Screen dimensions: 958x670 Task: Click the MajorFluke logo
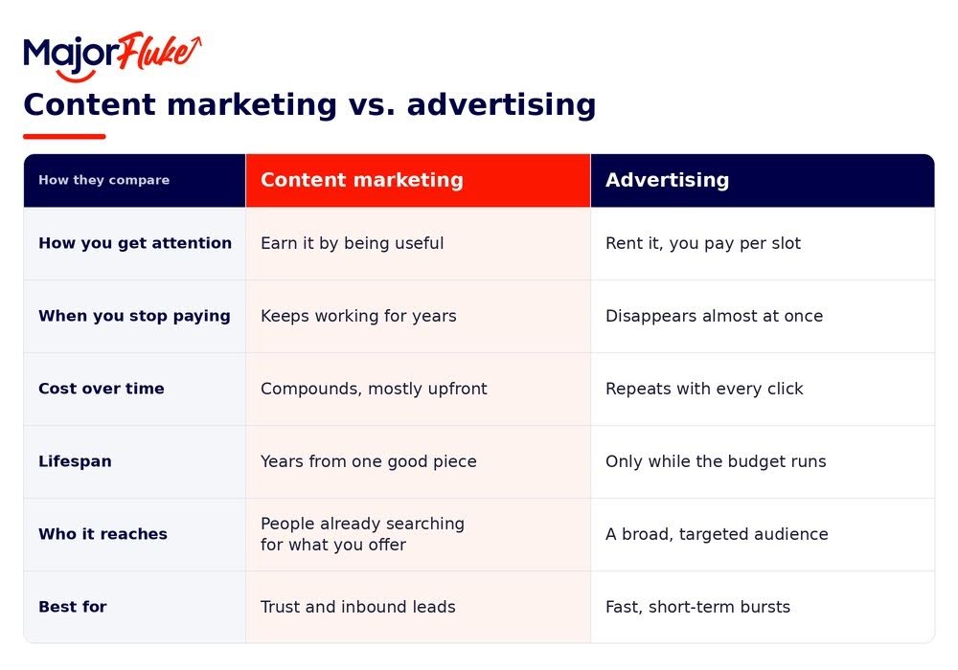click(x=112, y=56)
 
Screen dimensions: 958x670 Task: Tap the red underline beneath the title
click(x=64, y=137)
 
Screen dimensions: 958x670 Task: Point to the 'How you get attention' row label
click(x=135, y=243)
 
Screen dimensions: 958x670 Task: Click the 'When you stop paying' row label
click(x=134, y=316)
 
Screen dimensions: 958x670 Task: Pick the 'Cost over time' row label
click(x=102, y=389)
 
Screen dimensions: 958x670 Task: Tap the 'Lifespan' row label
click(x=75, y=461)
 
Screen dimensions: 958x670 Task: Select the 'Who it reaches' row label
click(x=103, y=534)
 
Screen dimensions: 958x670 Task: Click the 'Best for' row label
click(x=73, y=607)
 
